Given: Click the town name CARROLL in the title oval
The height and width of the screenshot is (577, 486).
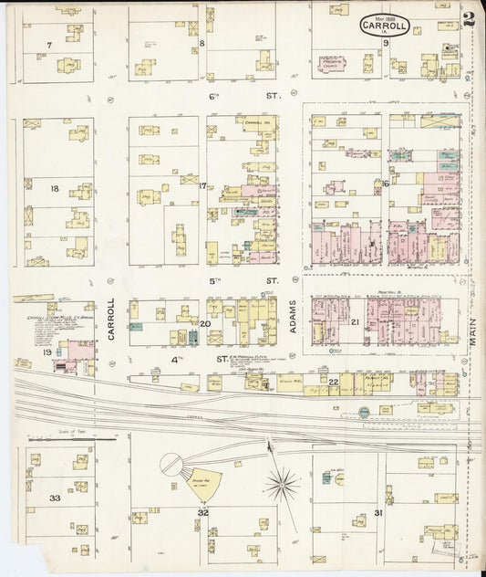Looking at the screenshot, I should tap(385, 26).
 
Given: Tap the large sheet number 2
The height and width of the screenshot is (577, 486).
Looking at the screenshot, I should tap(468, 19).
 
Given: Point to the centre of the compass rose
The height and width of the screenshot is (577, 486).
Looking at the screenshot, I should tap(283, 482).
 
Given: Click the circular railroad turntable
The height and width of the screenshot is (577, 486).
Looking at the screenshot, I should tap(172, 465).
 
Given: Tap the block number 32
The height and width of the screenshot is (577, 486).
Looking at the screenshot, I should tap(203, 513).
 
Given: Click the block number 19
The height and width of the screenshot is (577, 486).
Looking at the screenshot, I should tap(47, 352).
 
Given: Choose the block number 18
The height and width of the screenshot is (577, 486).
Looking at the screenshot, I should tap(55, 189).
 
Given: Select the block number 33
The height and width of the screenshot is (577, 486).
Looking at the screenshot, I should tap(55, 498).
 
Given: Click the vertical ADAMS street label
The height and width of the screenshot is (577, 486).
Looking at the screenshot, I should tap(294, 317).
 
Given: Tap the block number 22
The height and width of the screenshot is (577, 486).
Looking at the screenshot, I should tap(334, 381).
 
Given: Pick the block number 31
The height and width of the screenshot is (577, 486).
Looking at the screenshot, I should tap(377, 513).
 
